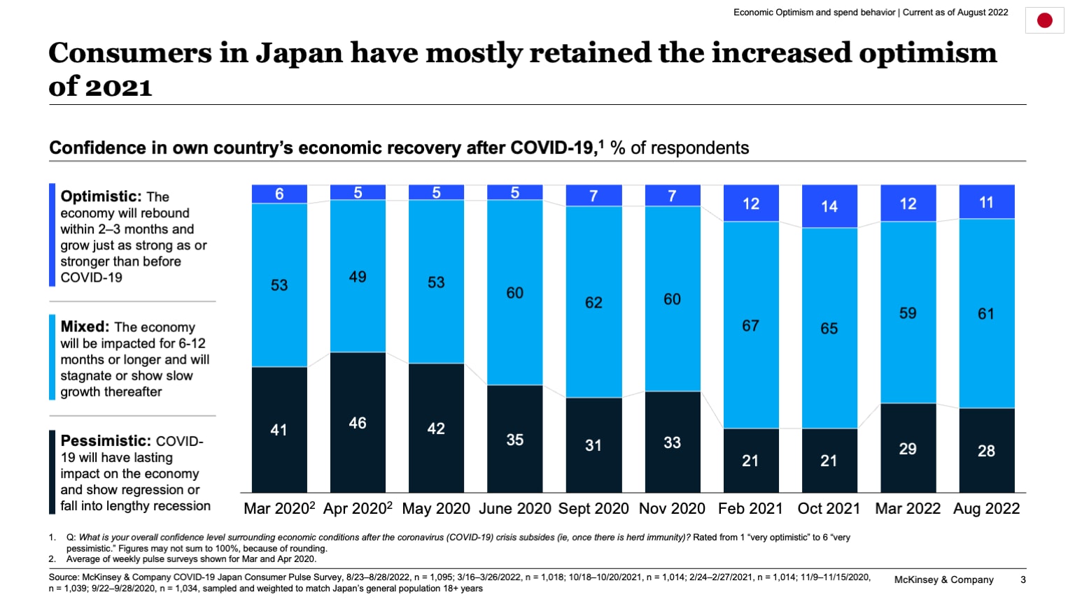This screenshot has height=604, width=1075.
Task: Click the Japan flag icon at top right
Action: click(1044, 21)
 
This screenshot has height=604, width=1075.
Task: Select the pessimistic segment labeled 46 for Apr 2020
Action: click(358, 422)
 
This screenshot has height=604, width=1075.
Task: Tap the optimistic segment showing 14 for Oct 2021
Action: click(829, 206)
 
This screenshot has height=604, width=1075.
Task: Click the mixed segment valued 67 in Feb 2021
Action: click(751, 325)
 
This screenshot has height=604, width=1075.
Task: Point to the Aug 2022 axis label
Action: click(986, 509)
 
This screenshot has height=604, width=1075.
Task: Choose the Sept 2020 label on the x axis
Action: click(593, 509)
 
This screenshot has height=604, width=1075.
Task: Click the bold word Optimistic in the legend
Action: click(101, 196)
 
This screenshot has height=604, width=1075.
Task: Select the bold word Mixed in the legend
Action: click(85, 326)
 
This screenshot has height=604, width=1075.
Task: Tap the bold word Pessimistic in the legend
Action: click(106, 441)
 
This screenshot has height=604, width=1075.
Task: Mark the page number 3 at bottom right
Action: click(1023, 580)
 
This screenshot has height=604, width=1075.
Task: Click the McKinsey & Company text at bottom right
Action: click(943, 580)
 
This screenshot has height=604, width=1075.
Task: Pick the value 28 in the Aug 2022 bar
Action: click(986, 451)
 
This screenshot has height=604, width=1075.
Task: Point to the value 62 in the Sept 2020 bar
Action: click(593, 303)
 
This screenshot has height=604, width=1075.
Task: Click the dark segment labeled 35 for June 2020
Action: click(515, 439)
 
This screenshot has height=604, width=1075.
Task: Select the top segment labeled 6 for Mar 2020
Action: click(279, 194)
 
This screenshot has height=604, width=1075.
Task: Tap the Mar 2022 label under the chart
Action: click(908, 509)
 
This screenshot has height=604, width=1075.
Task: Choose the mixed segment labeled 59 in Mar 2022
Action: click(908, 312)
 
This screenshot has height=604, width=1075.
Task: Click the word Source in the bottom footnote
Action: click(63, 577)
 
